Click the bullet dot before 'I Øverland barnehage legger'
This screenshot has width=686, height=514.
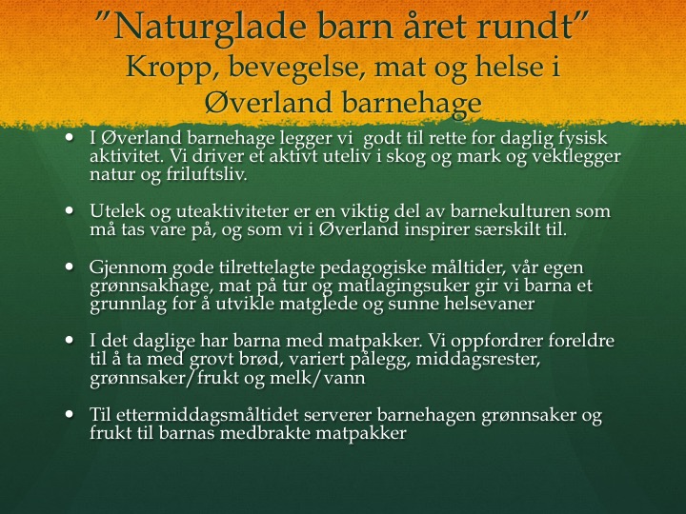click(x=69, y=137)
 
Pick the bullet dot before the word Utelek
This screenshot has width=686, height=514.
click(x=69, y=210)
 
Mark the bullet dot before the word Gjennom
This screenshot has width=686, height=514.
click(x=69, y=267)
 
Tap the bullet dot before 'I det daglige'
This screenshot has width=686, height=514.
click(x=69, y=340)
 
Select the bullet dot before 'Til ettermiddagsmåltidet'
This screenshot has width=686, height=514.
click(x=69, y=413)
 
